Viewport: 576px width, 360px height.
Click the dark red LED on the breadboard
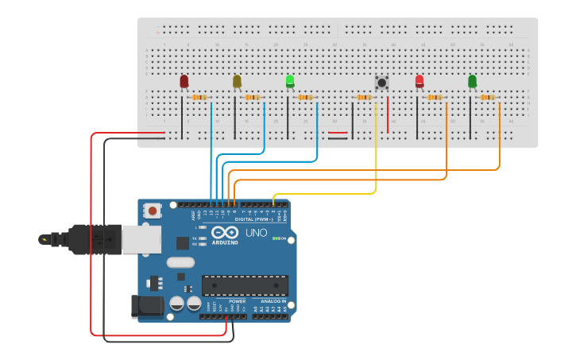[x=184, y=81]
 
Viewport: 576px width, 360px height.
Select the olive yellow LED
[x=237, y=81]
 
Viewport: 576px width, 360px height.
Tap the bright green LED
[x=290, y=81]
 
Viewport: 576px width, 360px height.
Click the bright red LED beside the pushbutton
[x=419, y=81]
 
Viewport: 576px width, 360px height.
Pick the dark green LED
[x=473, y=81]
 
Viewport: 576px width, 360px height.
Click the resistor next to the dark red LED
[x=199, y=98]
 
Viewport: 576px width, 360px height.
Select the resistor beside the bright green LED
[x=305, y=98]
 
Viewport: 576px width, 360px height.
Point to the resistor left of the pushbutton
[x=364, y=98]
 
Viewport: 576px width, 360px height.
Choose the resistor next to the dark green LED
[x=488, y=98]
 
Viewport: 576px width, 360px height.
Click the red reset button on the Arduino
[x=151, y=211]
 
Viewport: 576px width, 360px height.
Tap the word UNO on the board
[x=256, y=234]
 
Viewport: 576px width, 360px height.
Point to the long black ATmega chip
[x=245, y=285]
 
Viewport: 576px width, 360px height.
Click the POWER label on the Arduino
[x=237, y=302]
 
